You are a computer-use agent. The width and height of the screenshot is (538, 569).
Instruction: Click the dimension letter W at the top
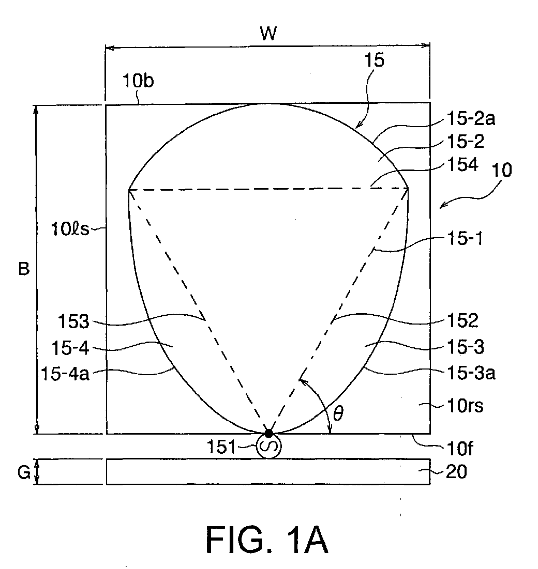268,34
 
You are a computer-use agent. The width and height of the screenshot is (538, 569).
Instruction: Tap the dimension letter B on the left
24,269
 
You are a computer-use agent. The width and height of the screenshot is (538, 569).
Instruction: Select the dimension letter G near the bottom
24,472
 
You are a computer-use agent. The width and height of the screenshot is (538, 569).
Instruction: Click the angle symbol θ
338,413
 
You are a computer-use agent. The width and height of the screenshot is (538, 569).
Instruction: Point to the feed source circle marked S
269,446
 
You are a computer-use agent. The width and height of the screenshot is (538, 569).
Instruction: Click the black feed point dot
268,433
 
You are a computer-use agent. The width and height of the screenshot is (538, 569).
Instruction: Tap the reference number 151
221,447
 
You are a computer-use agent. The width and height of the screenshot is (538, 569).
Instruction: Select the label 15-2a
470,118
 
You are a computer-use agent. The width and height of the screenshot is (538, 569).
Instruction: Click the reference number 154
462,164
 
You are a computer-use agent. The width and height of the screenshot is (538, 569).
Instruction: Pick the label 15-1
465,239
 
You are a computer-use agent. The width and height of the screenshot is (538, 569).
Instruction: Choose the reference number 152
462,320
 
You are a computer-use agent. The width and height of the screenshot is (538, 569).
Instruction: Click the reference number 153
74,321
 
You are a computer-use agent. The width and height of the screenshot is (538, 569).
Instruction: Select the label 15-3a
471,373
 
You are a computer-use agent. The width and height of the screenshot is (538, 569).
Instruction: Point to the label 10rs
465,406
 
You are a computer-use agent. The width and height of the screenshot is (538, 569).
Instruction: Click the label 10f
459,449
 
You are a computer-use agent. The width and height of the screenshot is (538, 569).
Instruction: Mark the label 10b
138,80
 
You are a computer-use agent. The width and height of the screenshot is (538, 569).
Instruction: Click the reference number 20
456,472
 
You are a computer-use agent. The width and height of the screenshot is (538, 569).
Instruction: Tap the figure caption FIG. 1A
267,540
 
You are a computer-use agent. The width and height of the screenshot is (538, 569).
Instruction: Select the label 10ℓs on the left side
70,229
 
